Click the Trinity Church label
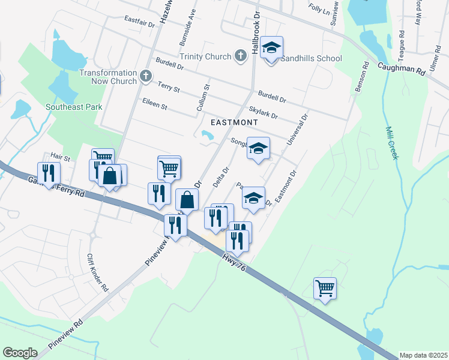click(205, 56)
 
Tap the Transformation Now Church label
click(108, 77)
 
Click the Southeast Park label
click(74, 107)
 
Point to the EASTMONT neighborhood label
click(234, 122)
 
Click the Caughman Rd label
click(402, 70)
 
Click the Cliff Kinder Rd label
click(97, 272)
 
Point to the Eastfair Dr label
click(140, 21)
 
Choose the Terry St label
click(169, 88)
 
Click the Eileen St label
click(154, 104)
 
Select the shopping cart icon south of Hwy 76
click(325, 287)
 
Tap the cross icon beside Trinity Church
click(240, 56)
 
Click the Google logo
click(20, 353)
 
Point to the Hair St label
click(60, 158)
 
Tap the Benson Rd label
click(360, 77)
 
